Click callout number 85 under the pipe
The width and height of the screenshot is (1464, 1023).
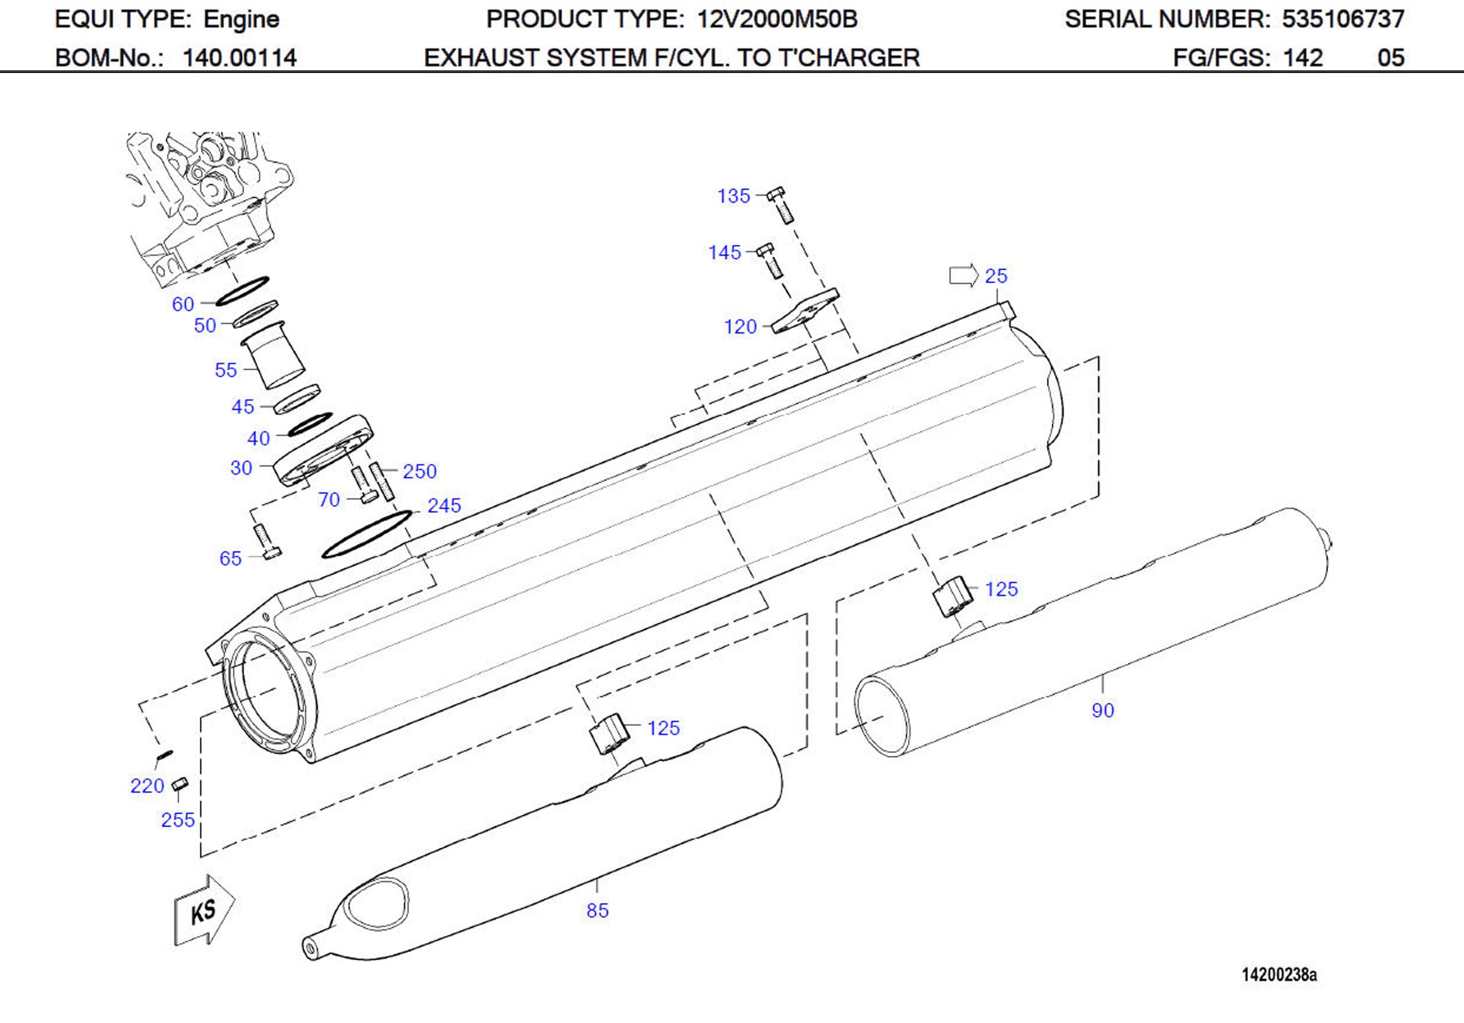597,910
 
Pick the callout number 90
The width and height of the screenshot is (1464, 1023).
1102,710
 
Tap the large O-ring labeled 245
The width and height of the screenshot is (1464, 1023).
367,534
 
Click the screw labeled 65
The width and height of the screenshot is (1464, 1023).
266,542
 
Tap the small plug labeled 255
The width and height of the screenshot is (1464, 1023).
180,784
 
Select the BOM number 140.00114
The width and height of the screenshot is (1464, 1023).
239,58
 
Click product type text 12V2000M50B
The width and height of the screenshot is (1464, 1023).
777,19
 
